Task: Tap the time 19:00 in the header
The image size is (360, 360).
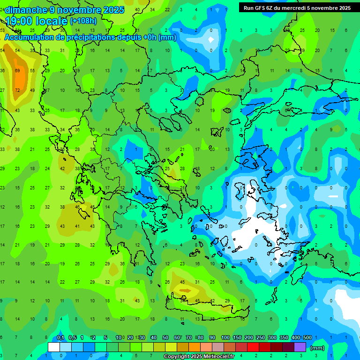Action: coord(21,21)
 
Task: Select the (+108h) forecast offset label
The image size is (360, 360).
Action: coord(83,21)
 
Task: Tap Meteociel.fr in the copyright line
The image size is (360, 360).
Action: coord(218,357)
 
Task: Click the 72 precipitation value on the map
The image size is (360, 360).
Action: coord(17,90)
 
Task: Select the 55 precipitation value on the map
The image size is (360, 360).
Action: coord(32,70)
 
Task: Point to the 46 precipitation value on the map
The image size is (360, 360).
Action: coord(77,207)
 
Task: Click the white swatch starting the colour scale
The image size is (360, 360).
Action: coord(54,347)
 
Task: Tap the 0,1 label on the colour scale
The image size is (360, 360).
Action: coord(60,338)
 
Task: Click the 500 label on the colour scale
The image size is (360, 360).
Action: coord(307,338)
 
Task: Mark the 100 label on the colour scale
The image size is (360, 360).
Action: coord(225,338)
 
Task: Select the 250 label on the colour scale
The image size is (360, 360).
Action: coord(260,338)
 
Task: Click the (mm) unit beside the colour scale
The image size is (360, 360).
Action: coord(317,348)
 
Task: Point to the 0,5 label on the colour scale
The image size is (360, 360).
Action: coord(72,338)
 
